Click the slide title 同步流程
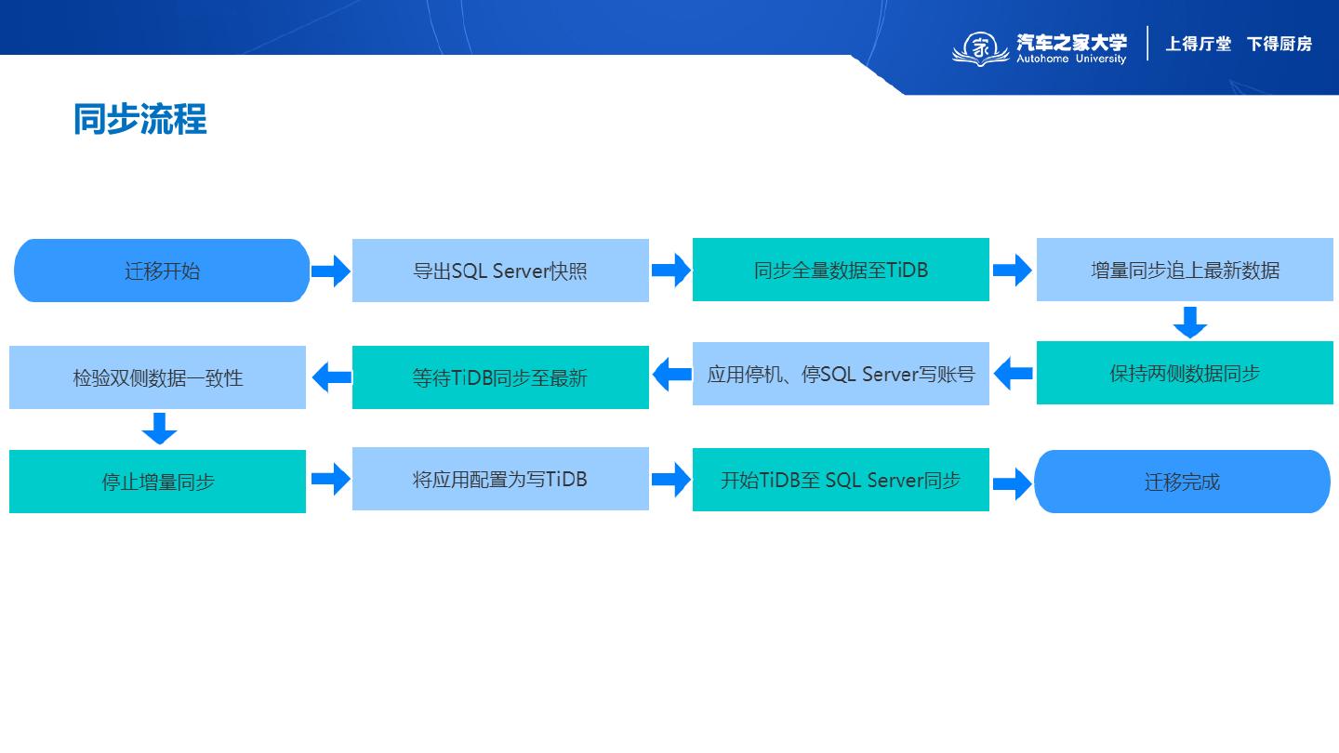(139, 120)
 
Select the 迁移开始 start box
(162, 271)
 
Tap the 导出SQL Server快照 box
(500, 271)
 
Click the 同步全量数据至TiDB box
(841, 270)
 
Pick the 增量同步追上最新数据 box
(1185, 270)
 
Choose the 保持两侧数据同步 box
(1185, 373)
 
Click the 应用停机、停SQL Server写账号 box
(841, 374)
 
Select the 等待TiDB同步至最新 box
(500, 377)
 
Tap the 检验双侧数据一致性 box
(157, 377)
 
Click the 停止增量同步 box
(157, 482)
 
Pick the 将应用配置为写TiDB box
(500, 479)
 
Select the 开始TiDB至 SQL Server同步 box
(841, 480)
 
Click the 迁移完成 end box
(1182, 482)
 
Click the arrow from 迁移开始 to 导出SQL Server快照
(330, 271)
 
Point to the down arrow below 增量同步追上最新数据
(1189, 322)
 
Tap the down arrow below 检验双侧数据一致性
(159, 429)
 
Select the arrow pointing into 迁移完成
(1012, 483)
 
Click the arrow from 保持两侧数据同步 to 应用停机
(1013, 374)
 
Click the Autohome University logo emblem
(979, 47)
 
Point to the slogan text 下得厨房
(1279, 44)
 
